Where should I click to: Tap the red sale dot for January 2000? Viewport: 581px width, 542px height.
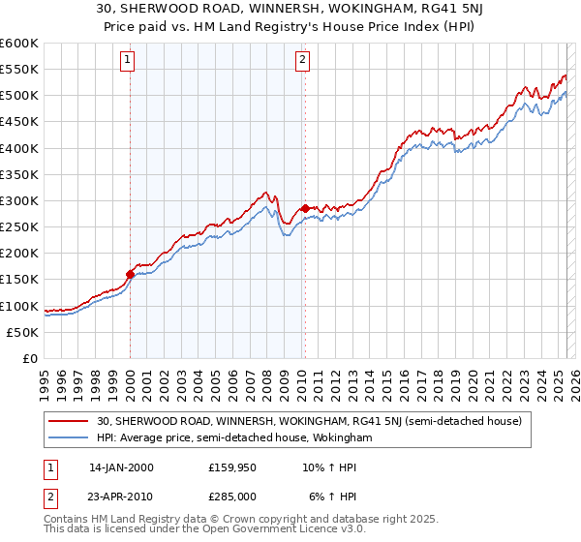130,274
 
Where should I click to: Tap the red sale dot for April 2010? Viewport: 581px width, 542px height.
305,208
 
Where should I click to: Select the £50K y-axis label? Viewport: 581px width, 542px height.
21,332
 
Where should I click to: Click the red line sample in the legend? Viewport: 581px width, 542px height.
69,421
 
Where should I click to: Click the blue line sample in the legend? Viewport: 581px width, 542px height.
69,437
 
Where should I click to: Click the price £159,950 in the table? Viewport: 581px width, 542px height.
231,467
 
